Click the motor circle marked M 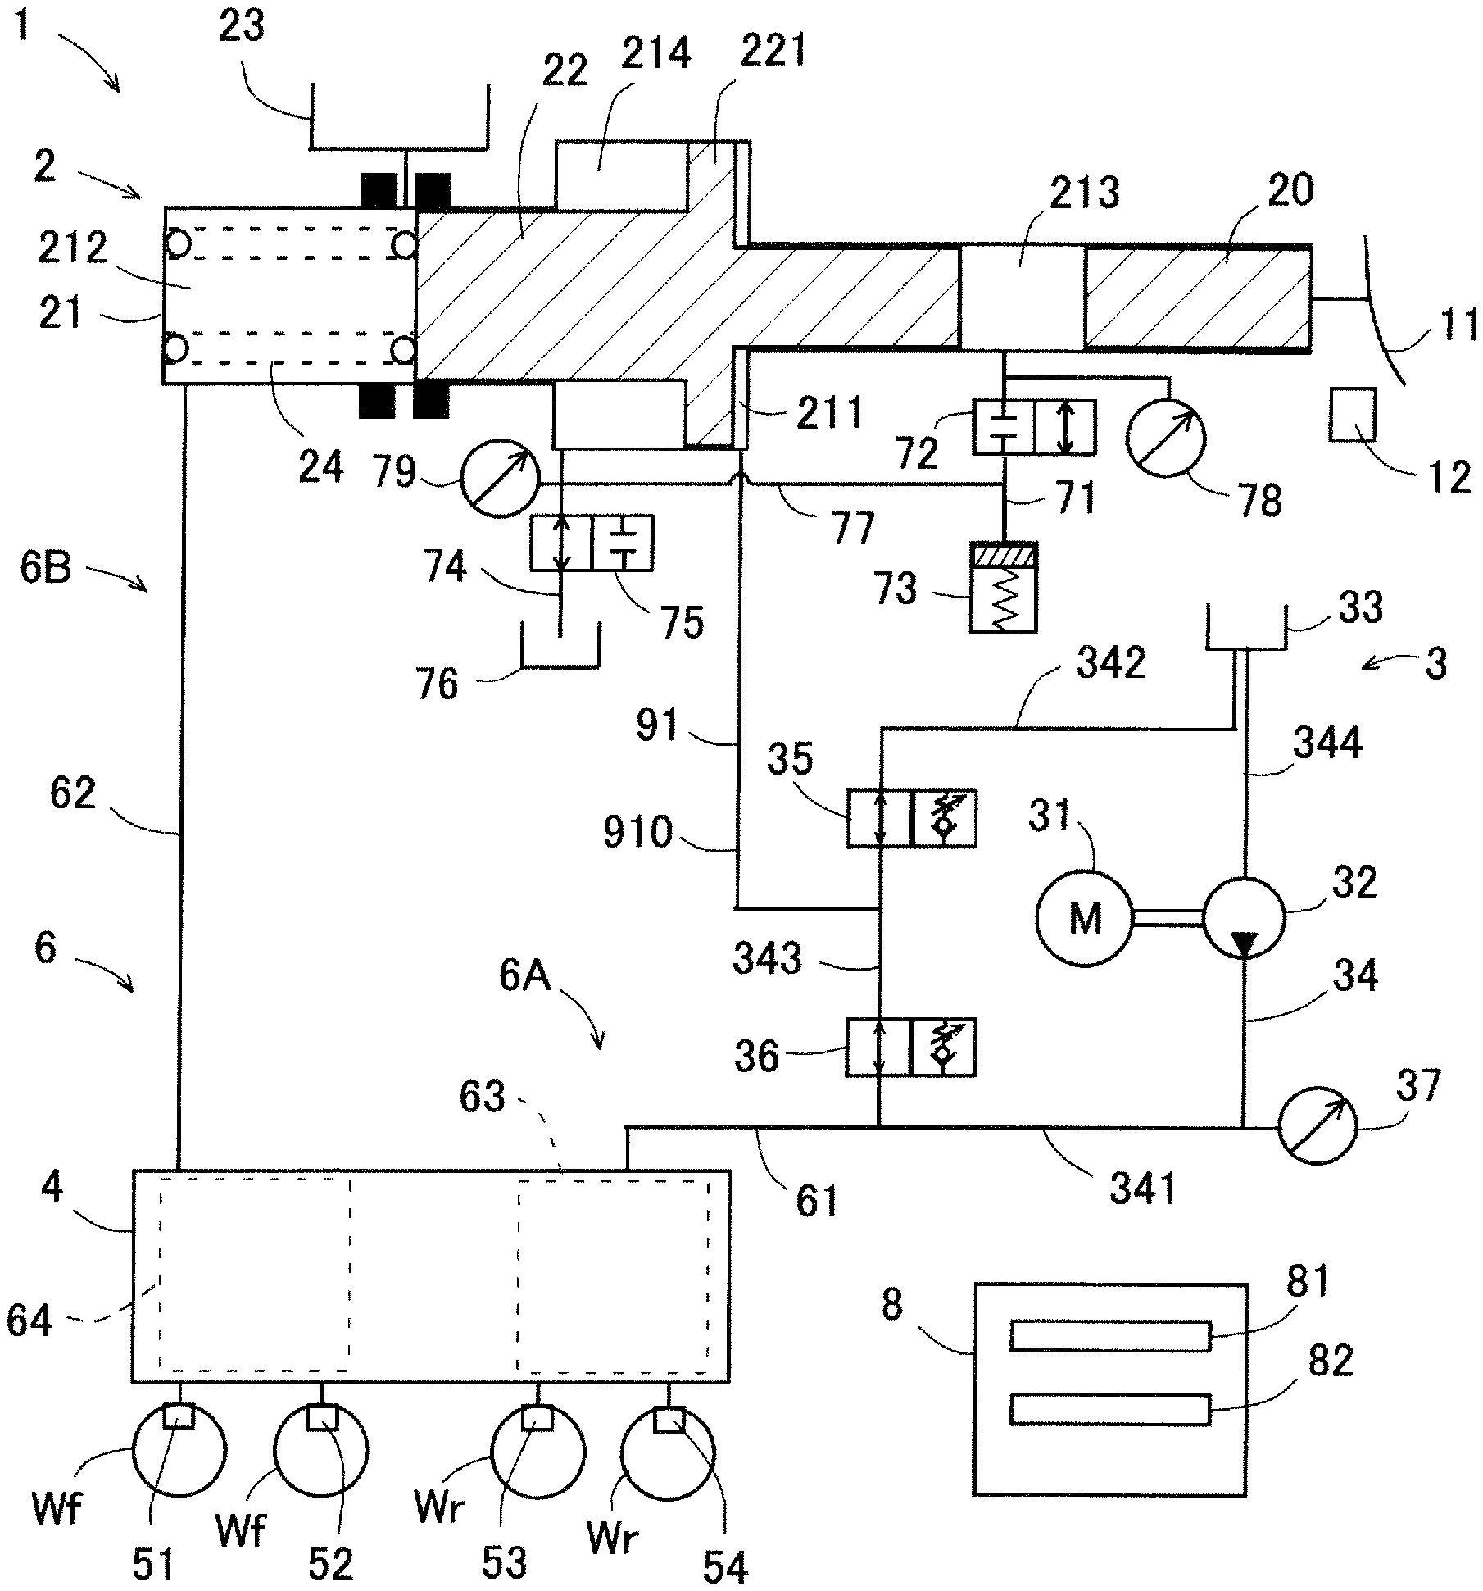point(1084,917)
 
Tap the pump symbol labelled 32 point(1244,917)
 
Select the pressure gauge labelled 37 point(1317,1127)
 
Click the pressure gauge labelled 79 point(500,480)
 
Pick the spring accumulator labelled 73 point(1003,586)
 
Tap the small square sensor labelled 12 point(1353,415)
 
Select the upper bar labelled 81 point(1110,1335)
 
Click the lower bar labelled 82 point(1110,1409)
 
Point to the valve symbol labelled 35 point(911,818)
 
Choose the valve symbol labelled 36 point(911,1047)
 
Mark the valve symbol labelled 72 point(1034,427)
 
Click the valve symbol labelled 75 point(592,543)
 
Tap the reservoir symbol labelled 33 point(1245,631)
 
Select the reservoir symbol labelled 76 point(561,648)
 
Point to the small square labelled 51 point(178,1416)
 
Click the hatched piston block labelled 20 point(1196,297)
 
